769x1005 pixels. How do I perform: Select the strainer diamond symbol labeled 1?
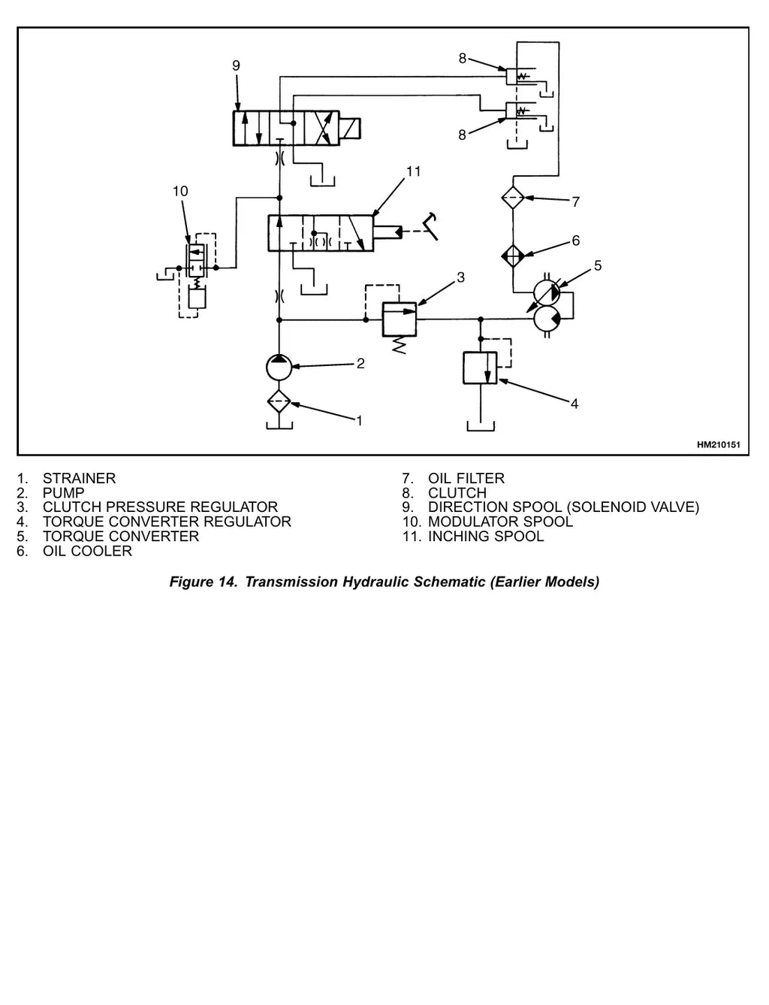point(279,401)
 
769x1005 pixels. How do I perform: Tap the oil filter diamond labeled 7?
point(513,198)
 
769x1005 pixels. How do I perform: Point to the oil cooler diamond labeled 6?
point(513,256)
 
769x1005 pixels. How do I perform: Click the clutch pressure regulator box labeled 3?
point(400,319)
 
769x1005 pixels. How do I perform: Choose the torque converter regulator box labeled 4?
point(480,368)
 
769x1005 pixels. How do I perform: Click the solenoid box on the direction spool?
point(350,128)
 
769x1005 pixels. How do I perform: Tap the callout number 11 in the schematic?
point(413,171)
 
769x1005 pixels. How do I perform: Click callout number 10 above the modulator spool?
point(180,191)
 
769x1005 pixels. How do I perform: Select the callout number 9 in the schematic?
point(236,65)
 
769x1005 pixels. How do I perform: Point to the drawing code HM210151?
point(718,444)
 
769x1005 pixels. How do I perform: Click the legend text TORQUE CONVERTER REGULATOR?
point(167,521)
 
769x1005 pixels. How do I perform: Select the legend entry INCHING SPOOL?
point(486,536)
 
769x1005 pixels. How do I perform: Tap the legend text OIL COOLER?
point(87,551)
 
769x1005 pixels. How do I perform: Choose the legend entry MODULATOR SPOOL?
point(500,521)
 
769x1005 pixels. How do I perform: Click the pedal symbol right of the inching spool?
point(430,226)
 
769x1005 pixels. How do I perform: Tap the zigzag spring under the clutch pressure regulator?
point(399,346)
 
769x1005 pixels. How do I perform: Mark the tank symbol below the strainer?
point(279,425)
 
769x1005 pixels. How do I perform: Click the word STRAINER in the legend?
point(79,478)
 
